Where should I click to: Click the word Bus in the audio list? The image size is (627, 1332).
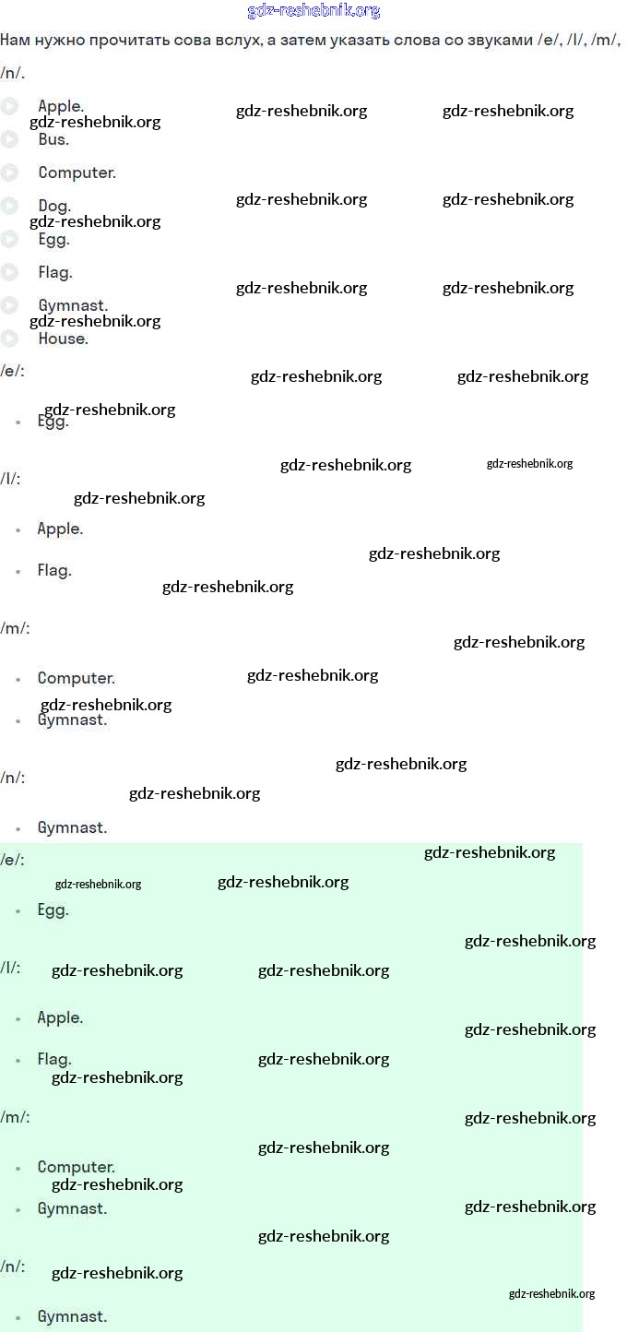point(53,139)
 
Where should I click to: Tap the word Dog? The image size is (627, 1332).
point(54,206)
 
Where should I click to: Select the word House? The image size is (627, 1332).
point(63,339)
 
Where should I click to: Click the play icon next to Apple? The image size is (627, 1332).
point(9,106)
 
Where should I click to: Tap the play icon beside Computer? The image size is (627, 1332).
point(9,172)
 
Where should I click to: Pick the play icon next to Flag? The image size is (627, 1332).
point(9,272)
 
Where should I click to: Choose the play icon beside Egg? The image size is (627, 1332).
point(9,239)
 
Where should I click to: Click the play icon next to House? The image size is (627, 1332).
point(9,339)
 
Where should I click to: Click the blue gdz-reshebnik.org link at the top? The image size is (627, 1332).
point(313,11)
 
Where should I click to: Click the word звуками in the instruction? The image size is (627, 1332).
point(499,40)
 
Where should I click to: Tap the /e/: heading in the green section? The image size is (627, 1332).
point(12,860)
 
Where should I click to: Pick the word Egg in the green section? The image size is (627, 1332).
point(53,910)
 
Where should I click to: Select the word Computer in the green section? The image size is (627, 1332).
point(76,1167)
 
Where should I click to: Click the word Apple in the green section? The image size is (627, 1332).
point(60,1017)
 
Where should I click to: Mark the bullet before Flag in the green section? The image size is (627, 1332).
point(18,1061)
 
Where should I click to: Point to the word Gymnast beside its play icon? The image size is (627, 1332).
point(73,305)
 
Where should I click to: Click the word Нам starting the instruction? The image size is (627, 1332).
point(14,40)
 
